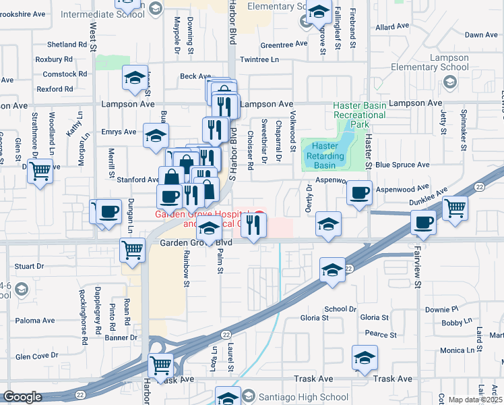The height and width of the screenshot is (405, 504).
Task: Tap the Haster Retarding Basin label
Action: [x=325, y=156]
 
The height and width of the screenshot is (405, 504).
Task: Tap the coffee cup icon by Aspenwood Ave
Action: [x=359, y=192]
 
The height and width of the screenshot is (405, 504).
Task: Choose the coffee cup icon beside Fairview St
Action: [x=423, y=223]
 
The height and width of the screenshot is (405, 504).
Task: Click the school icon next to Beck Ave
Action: [x=135, y=78]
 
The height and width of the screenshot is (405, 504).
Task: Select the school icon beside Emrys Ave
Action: [x=156, y=137]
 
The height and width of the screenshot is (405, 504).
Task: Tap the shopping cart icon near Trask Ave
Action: [x=161, y=367]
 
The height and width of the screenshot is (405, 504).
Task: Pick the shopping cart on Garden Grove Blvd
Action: [x=131, y=250]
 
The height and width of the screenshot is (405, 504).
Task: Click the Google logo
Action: [x=22, y=397]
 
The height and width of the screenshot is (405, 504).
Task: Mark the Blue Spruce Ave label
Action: [x=402, y=165]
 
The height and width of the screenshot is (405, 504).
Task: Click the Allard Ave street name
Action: [x=393, y=26]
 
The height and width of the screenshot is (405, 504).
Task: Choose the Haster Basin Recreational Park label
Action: [x=360, y=115]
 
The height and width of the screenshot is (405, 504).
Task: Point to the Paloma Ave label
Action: [x=34, y=320]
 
